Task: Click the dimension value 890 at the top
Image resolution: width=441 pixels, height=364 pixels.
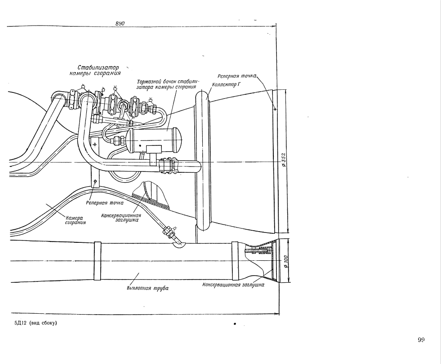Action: pos(120,24)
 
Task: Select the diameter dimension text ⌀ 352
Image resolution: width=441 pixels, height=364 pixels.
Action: pos(284,160)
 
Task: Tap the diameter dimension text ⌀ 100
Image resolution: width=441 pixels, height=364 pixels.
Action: pos(286,261)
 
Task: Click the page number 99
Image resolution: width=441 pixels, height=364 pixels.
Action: pos(421,340)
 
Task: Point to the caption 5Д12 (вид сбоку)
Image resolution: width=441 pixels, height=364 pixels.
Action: pos(36,323)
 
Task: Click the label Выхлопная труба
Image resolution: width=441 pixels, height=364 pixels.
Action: pos(147,288)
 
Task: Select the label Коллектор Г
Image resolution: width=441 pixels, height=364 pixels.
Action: pos(227,84)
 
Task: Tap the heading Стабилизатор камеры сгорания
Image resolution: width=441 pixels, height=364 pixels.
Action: pos(96,70)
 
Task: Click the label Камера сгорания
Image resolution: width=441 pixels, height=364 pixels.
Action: pos(76,220)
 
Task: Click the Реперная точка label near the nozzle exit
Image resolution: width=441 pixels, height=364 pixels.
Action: pos(237,76)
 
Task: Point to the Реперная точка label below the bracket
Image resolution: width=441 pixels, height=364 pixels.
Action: pos(105,202)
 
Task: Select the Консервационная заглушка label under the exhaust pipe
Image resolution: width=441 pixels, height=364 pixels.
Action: pos(233,285)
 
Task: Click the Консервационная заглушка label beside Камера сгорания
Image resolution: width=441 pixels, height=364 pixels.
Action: pos(121,218)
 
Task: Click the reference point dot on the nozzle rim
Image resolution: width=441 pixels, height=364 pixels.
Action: pos(275,109)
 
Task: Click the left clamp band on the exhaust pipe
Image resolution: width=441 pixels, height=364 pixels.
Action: pos(97,261)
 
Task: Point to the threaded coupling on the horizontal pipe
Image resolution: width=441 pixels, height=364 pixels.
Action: pos(168,166)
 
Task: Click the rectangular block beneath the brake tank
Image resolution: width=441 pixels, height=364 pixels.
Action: pos(154,149)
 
